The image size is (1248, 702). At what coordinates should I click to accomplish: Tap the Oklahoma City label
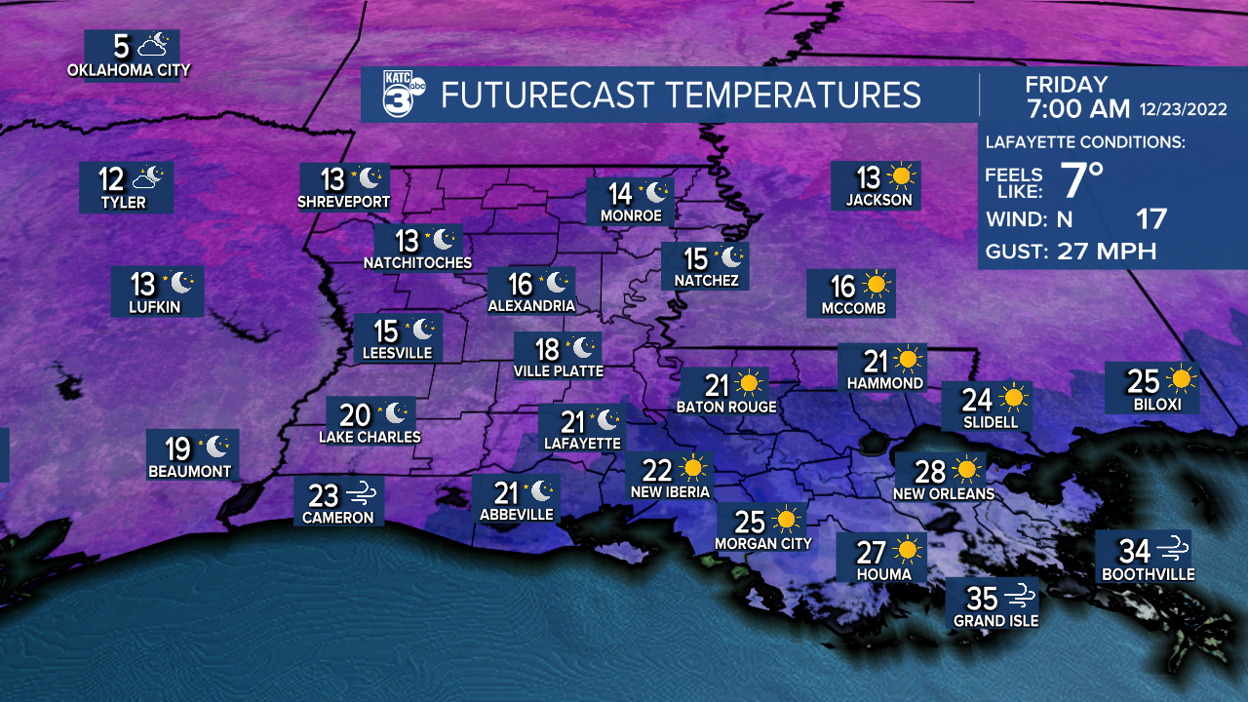tap(129, 70)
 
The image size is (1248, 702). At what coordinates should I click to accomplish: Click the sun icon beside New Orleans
tap(967, 471)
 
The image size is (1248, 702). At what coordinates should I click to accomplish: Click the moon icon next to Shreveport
tap(370, 178)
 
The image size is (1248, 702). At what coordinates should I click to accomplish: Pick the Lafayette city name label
tap(582, 443)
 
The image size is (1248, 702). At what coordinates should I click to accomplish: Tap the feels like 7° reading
tap(1082, 180)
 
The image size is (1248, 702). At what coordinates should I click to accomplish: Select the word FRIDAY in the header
tap(1067, 85)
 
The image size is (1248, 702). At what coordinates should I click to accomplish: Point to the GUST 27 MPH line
tap(1071, 252)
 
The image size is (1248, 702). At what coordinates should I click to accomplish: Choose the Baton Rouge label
tap(726, 407)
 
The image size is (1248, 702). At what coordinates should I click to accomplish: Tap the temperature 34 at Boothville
tap(1134, 551)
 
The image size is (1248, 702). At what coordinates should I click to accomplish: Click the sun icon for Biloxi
tap(1182, 379)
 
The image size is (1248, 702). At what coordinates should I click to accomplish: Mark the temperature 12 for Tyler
tap(111, 179)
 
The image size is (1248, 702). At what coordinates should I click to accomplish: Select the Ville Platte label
tap(559, 370)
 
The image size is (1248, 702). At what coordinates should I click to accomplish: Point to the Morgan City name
tap(763, 543)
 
